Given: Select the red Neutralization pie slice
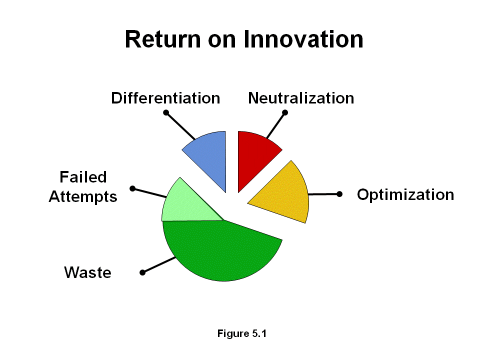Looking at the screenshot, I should (x=255, y=152).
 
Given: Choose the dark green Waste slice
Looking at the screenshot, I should (x=220, y=250).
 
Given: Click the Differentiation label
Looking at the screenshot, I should (x=165, y=98).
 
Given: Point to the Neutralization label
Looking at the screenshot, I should (x=301, y=98).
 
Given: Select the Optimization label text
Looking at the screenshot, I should (x=405, y=194).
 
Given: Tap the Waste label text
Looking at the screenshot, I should (x=87, y=272).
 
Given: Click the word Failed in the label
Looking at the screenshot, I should (x=83, y=177).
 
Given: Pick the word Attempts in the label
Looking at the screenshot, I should (x=83, y=196).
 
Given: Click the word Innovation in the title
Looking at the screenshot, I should (x=303, y=39).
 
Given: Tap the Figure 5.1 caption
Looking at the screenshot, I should (x=242, y=333).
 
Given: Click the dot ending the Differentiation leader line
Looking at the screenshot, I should (x=166, y=112).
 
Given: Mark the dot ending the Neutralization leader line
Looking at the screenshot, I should (x=285, y=112).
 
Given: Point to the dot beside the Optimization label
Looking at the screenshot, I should (x=339, y=193).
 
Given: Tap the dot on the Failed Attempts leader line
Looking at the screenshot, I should (x=132, y=188).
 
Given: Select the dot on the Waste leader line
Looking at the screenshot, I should (x=142, y=272).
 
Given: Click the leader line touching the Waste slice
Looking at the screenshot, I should (x=159, y=265).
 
